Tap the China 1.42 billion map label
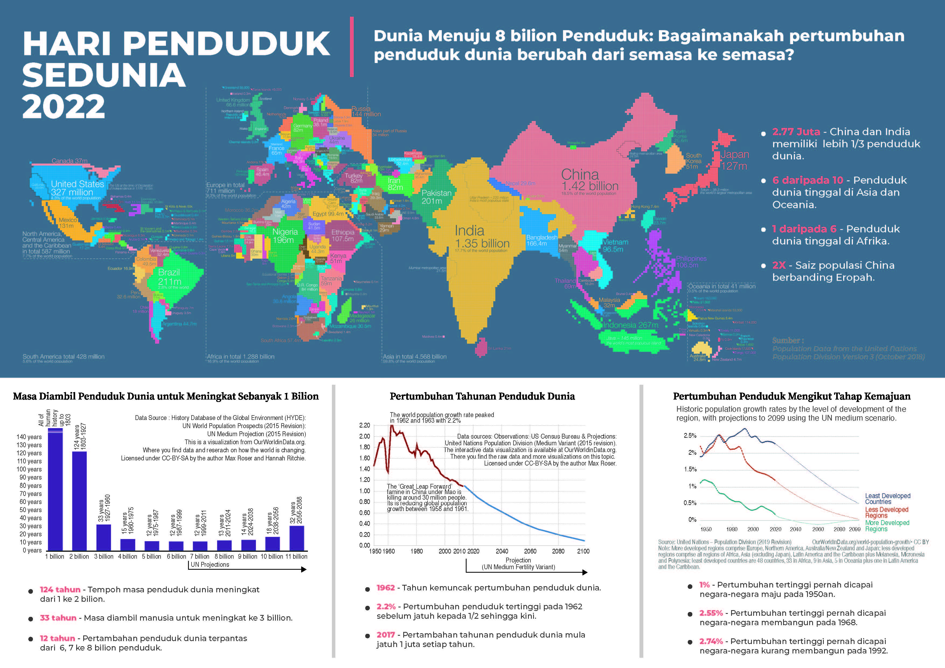tap(589, 180)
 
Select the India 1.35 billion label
tap(482, 237)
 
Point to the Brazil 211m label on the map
tap(169, 277)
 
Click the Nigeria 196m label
tap(285, 236)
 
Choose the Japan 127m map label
tap(735, 160)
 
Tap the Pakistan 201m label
tap(436, 197)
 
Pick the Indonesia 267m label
tap(631, 325)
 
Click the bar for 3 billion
tap(104, 537)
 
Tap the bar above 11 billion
tap(297, 538)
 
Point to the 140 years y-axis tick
tap(29, 437)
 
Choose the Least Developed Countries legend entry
tap(887, 499)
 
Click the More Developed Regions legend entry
tap(887, 526)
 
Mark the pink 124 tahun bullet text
tap(60, 589)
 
